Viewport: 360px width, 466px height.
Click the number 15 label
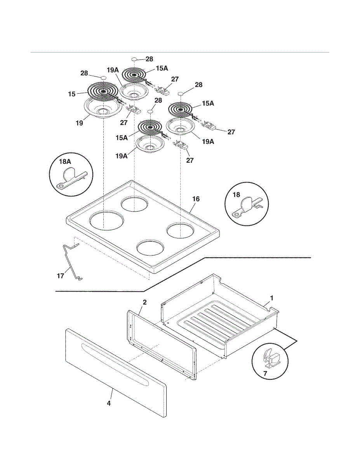[72, 94]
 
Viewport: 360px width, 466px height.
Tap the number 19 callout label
[79, 123]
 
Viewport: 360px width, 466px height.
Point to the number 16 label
[196, 199]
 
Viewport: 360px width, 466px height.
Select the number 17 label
[61, 276]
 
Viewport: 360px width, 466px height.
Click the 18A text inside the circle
[65, 162]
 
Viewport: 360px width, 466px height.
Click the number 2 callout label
[145, 303]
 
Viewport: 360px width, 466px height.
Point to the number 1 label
[272, 298]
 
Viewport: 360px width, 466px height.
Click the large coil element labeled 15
[103, 91]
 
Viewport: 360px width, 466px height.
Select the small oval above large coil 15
[103, 77]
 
